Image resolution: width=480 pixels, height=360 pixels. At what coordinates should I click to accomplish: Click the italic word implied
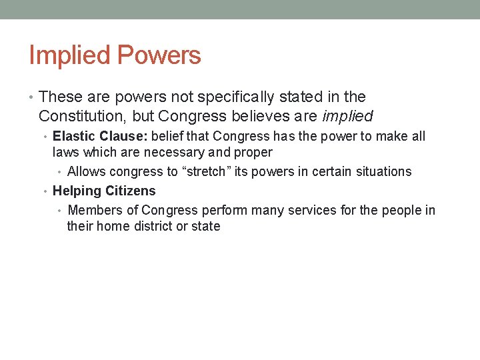click(x=347, y=116)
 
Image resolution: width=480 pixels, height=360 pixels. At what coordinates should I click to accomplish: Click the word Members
click(x=95, y=211)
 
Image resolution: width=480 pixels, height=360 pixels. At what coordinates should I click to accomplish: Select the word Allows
click(x=86, y=171)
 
